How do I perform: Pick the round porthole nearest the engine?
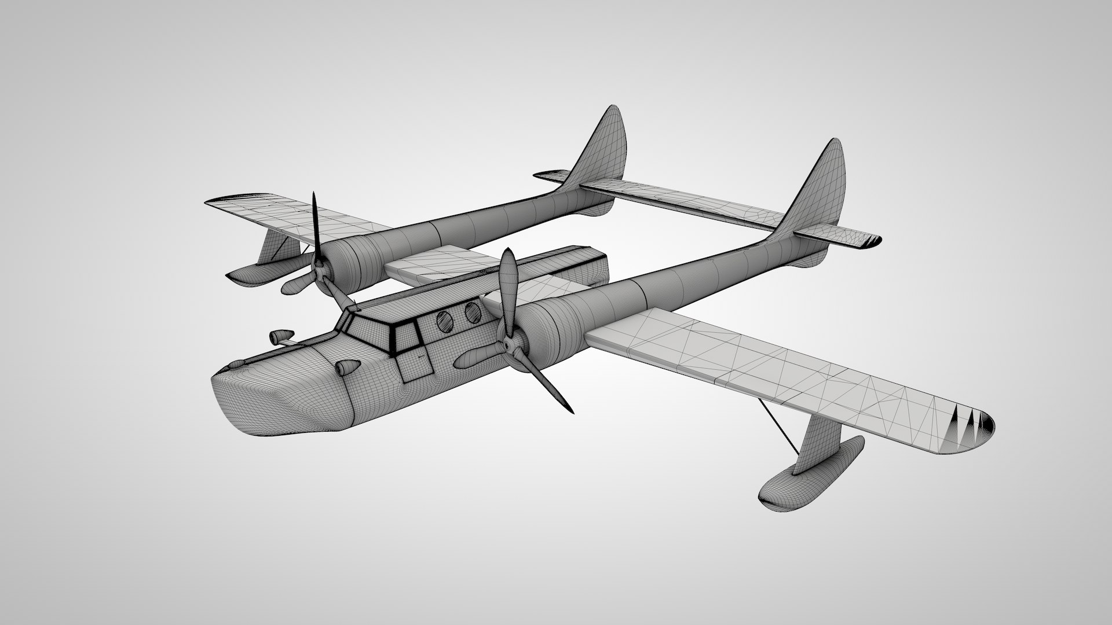473,311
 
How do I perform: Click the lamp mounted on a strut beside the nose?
280,336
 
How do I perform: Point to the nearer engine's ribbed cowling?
544,333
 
